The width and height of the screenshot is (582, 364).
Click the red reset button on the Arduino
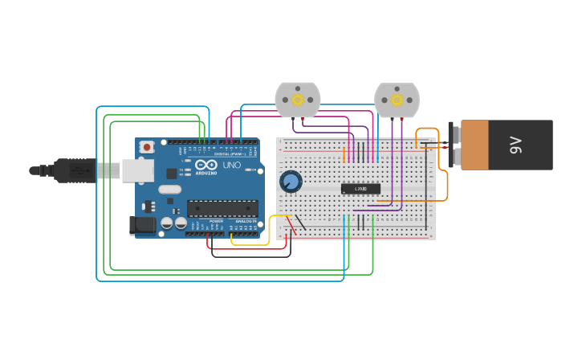click(x=147, y=147)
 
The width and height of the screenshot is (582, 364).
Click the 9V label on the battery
click(x=516, y=145)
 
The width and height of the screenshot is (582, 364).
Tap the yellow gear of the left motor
click(x=298, y=100)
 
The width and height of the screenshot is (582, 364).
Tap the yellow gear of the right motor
click(x=397, y=100)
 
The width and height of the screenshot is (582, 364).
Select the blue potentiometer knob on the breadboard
click(x=291, y=182)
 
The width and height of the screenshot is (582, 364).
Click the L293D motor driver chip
click(x=360, y=189)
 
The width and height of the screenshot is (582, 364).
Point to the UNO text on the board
click(x=231, y=166)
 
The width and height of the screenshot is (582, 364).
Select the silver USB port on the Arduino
click(x=137, y=170)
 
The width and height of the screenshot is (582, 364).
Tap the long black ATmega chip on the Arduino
click(x=222, y=209)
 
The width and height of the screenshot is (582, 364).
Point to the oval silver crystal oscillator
click(x=170, y=190)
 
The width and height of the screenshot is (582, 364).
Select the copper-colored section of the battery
click(x=474, y=145)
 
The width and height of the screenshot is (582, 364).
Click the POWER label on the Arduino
click(x=216, y=221)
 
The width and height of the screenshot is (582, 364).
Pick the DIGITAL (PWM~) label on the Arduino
click(x=230, y=153)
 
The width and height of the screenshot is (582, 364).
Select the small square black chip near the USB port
click(x=171, y=173)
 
